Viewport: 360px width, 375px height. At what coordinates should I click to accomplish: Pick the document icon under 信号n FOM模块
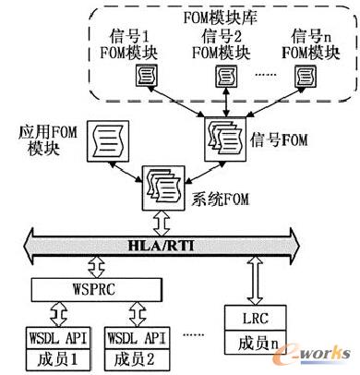point(305,73)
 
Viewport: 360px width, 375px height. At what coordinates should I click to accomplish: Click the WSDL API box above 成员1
point(57,332)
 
